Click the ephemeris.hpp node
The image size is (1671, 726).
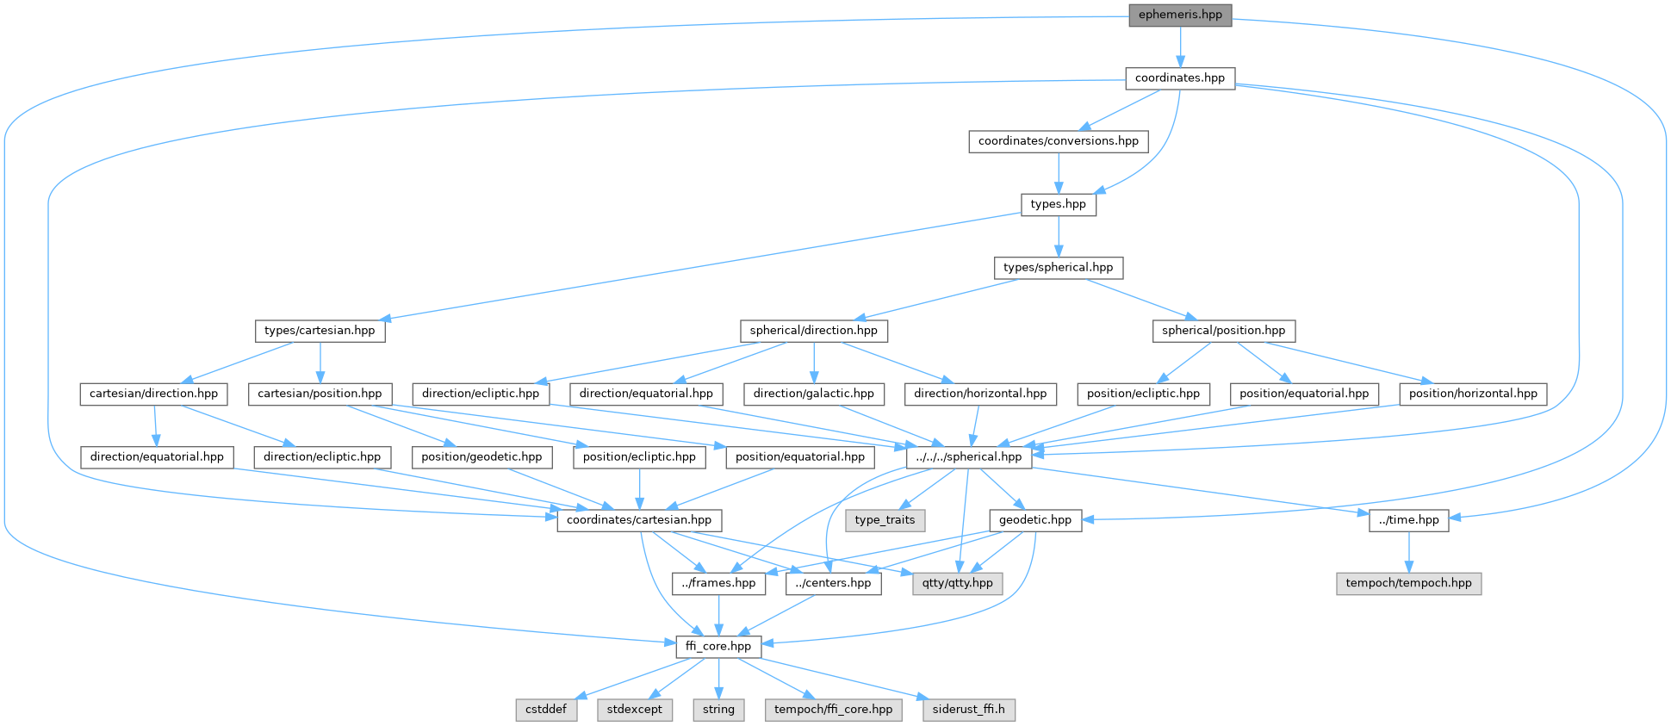(x=1180, y=15)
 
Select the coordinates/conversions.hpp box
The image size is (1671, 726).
(x=1058, y=141)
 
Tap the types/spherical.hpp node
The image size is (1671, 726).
(x=1058, y=268)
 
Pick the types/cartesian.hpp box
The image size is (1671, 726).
(x=320, y=331)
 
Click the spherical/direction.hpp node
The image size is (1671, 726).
(x=813, y=331)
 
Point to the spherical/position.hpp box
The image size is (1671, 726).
(x=1223, y=331)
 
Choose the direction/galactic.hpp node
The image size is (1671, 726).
(x=813, y=394)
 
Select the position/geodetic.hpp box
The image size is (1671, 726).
(x=481, y=457)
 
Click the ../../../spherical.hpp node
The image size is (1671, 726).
(x=968, y=457)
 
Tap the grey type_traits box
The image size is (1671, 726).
(x=885, y=520)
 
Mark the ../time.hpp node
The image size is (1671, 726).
(x=1408, y=520)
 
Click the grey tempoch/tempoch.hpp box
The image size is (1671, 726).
(x=1408, y=583)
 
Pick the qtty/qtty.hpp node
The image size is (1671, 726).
(x=957, y=583)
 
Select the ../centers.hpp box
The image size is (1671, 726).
(x=833, y=583)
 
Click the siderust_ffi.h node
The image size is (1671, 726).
(x=968, y=710)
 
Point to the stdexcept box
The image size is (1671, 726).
(x=635, y=710)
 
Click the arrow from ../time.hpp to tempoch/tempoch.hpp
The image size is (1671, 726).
(x=1408, y=552)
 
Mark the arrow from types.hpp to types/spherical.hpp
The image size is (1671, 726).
(x=1058, y=236)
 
